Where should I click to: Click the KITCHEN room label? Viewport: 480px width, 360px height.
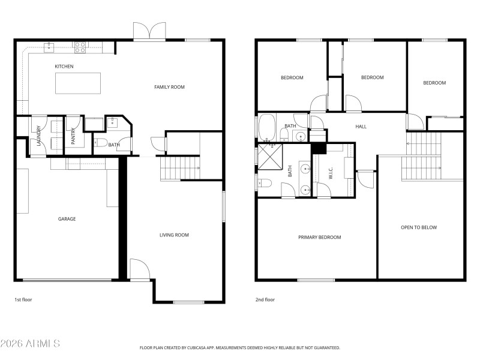(64, 67)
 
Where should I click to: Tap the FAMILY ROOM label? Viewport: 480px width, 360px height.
(169, 87)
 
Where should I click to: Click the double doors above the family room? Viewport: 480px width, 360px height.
(149, 31)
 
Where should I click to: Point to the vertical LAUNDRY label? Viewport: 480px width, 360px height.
(39, 136)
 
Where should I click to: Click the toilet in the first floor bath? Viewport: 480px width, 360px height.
(101, 143)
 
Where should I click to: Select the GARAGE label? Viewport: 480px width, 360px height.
(67, 219)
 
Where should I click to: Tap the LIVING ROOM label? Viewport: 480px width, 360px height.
(174, 235)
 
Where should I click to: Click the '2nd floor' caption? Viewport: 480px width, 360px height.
(265, 299)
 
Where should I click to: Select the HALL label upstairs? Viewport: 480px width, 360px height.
(361, 127)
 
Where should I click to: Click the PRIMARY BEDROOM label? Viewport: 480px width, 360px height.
(319, 238)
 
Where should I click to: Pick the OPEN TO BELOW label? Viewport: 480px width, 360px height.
(419, 227)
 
